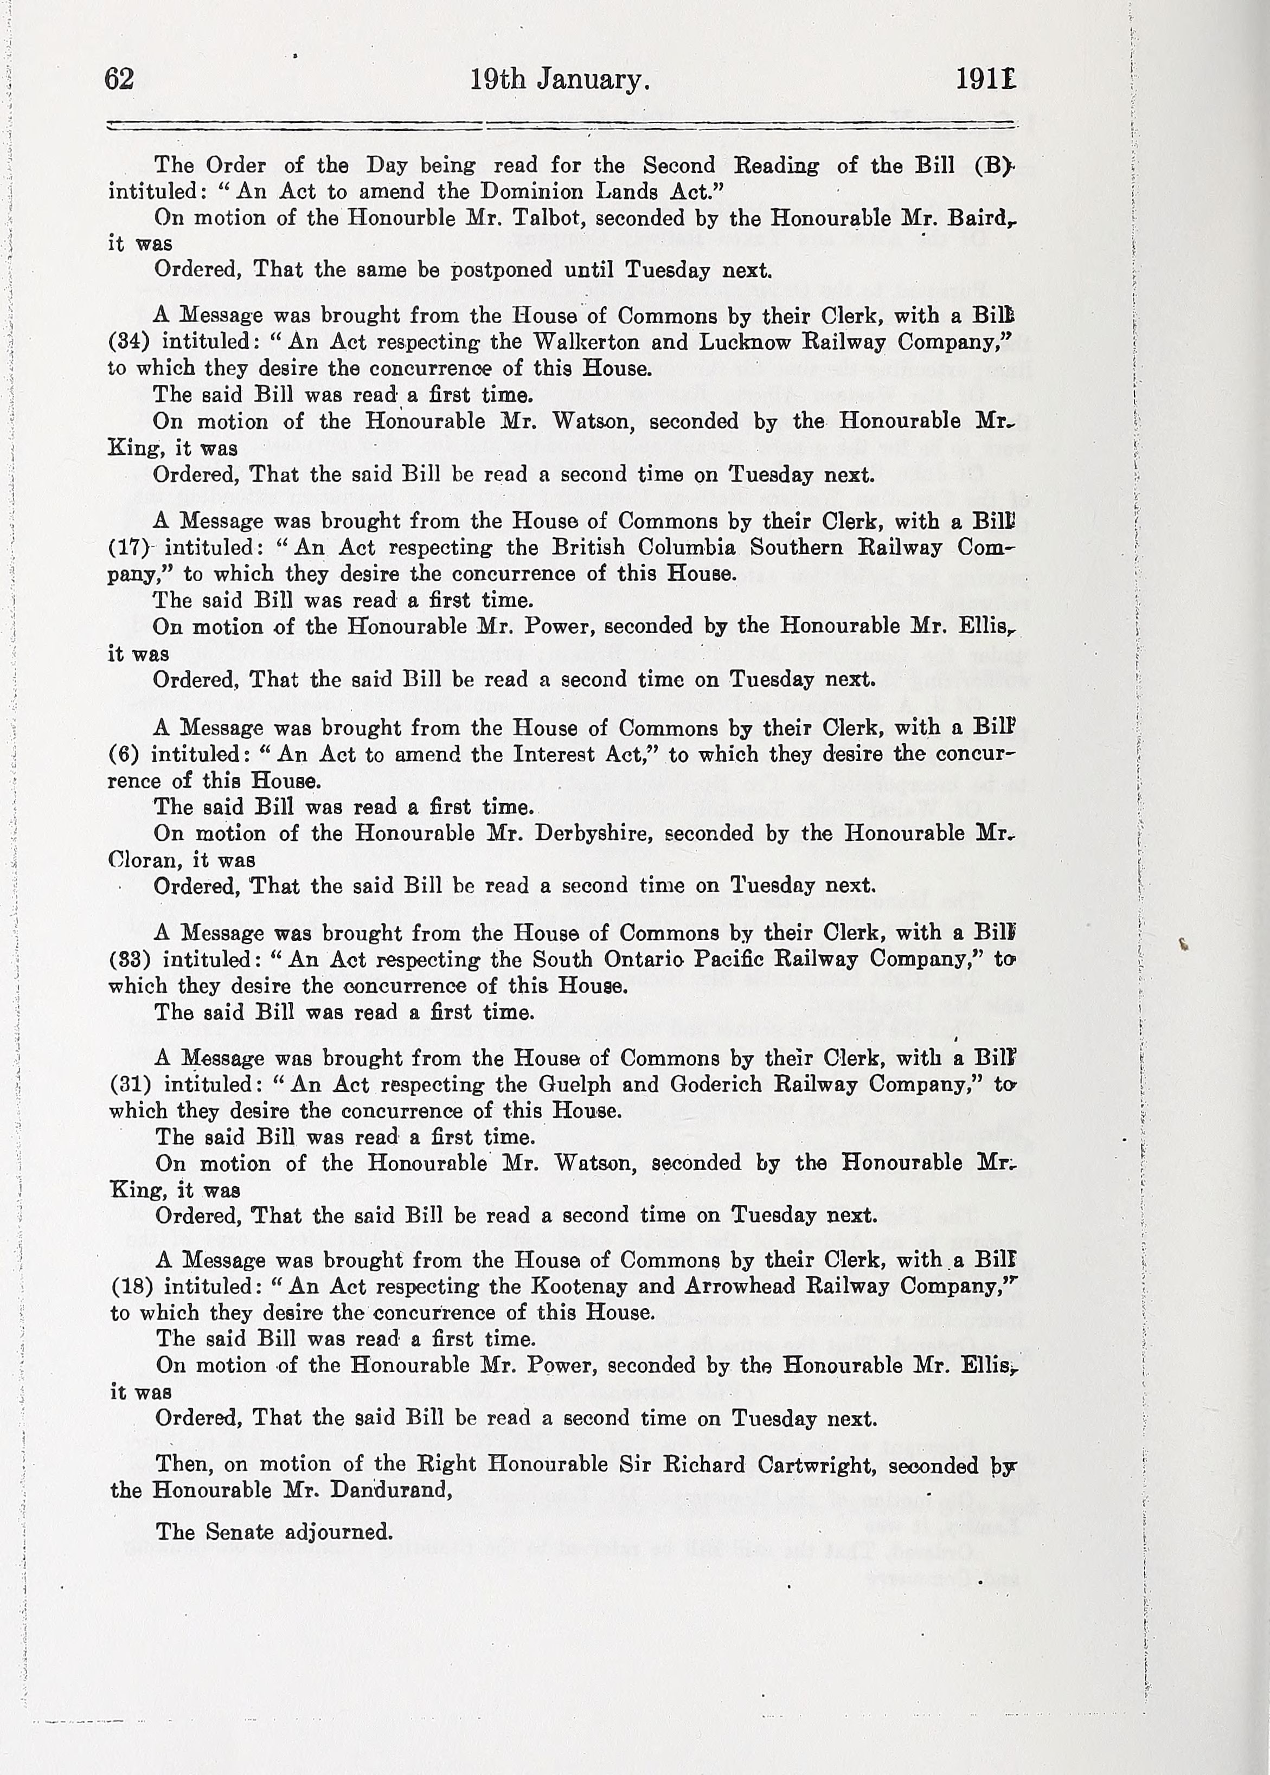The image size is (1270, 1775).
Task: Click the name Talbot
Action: tap(552, 217)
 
